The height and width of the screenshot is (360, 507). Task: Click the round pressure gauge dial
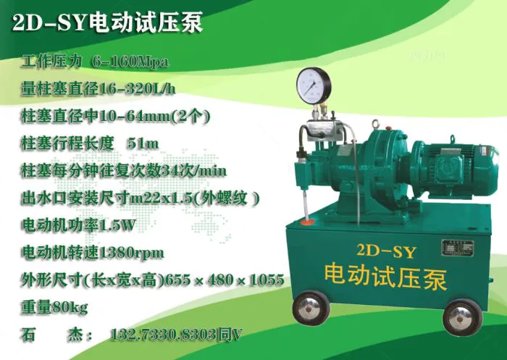[x=314, y=85]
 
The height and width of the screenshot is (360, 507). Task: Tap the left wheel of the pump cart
[x=311, y=308]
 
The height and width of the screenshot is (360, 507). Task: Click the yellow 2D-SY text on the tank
[x=386, y=251]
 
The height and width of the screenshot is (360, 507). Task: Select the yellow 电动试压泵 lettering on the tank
[x=385, y=278]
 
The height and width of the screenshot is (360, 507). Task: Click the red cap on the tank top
[x=307, y=222]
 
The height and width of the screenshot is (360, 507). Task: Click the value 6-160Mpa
[x=130, y=62]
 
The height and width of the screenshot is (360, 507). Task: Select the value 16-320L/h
[x=136, y=88]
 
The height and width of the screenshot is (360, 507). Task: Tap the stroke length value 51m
[x=143, y=143]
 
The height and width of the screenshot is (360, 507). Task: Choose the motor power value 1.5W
[x=117, y=225]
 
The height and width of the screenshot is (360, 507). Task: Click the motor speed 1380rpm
[x=130, y=253]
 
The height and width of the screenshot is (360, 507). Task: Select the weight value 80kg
[x=70, y=307]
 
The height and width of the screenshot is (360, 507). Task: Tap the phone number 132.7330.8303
[x=163, y=335]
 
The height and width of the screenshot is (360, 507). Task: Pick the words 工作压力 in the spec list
[x=51, y=62]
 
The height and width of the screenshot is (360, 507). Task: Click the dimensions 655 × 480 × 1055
[x=224, y=280]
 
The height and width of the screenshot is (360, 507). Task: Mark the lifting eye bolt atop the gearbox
[x=375, y=123]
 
